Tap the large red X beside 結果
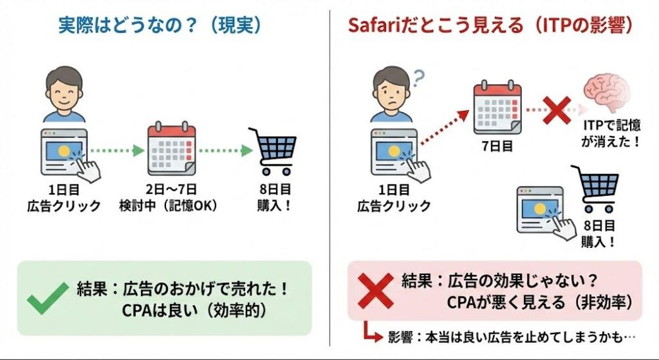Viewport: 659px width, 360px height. click(x=376, y=291)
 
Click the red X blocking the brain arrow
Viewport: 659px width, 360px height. click(x=557, y=110)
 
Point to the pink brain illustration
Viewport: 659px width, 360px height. click(x=606, y=92)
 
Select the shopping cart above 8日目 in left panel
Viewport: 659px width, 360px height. click(x=273, y=152)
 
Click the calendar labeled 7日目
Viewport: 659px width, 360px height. click(x=498, y=107)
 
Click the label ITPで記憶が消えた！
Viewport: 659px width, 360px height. click(x=612, y=133)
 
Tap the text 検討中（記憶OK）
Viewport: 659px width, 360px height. click(x=169, y=206)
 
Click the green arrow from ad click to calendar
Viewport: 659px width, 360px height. click(x=117, y=150)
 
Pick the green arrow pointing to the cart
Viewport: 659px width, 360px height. click(x=225, y=150)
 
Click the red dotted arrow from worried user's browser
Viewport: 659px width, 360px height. click(x=445, y=127)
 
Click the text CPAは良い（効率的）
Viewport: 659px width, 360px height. click(x=194, y=311)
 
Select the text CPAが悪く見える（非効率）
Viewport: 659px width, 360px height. click(x=539, y=302)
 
